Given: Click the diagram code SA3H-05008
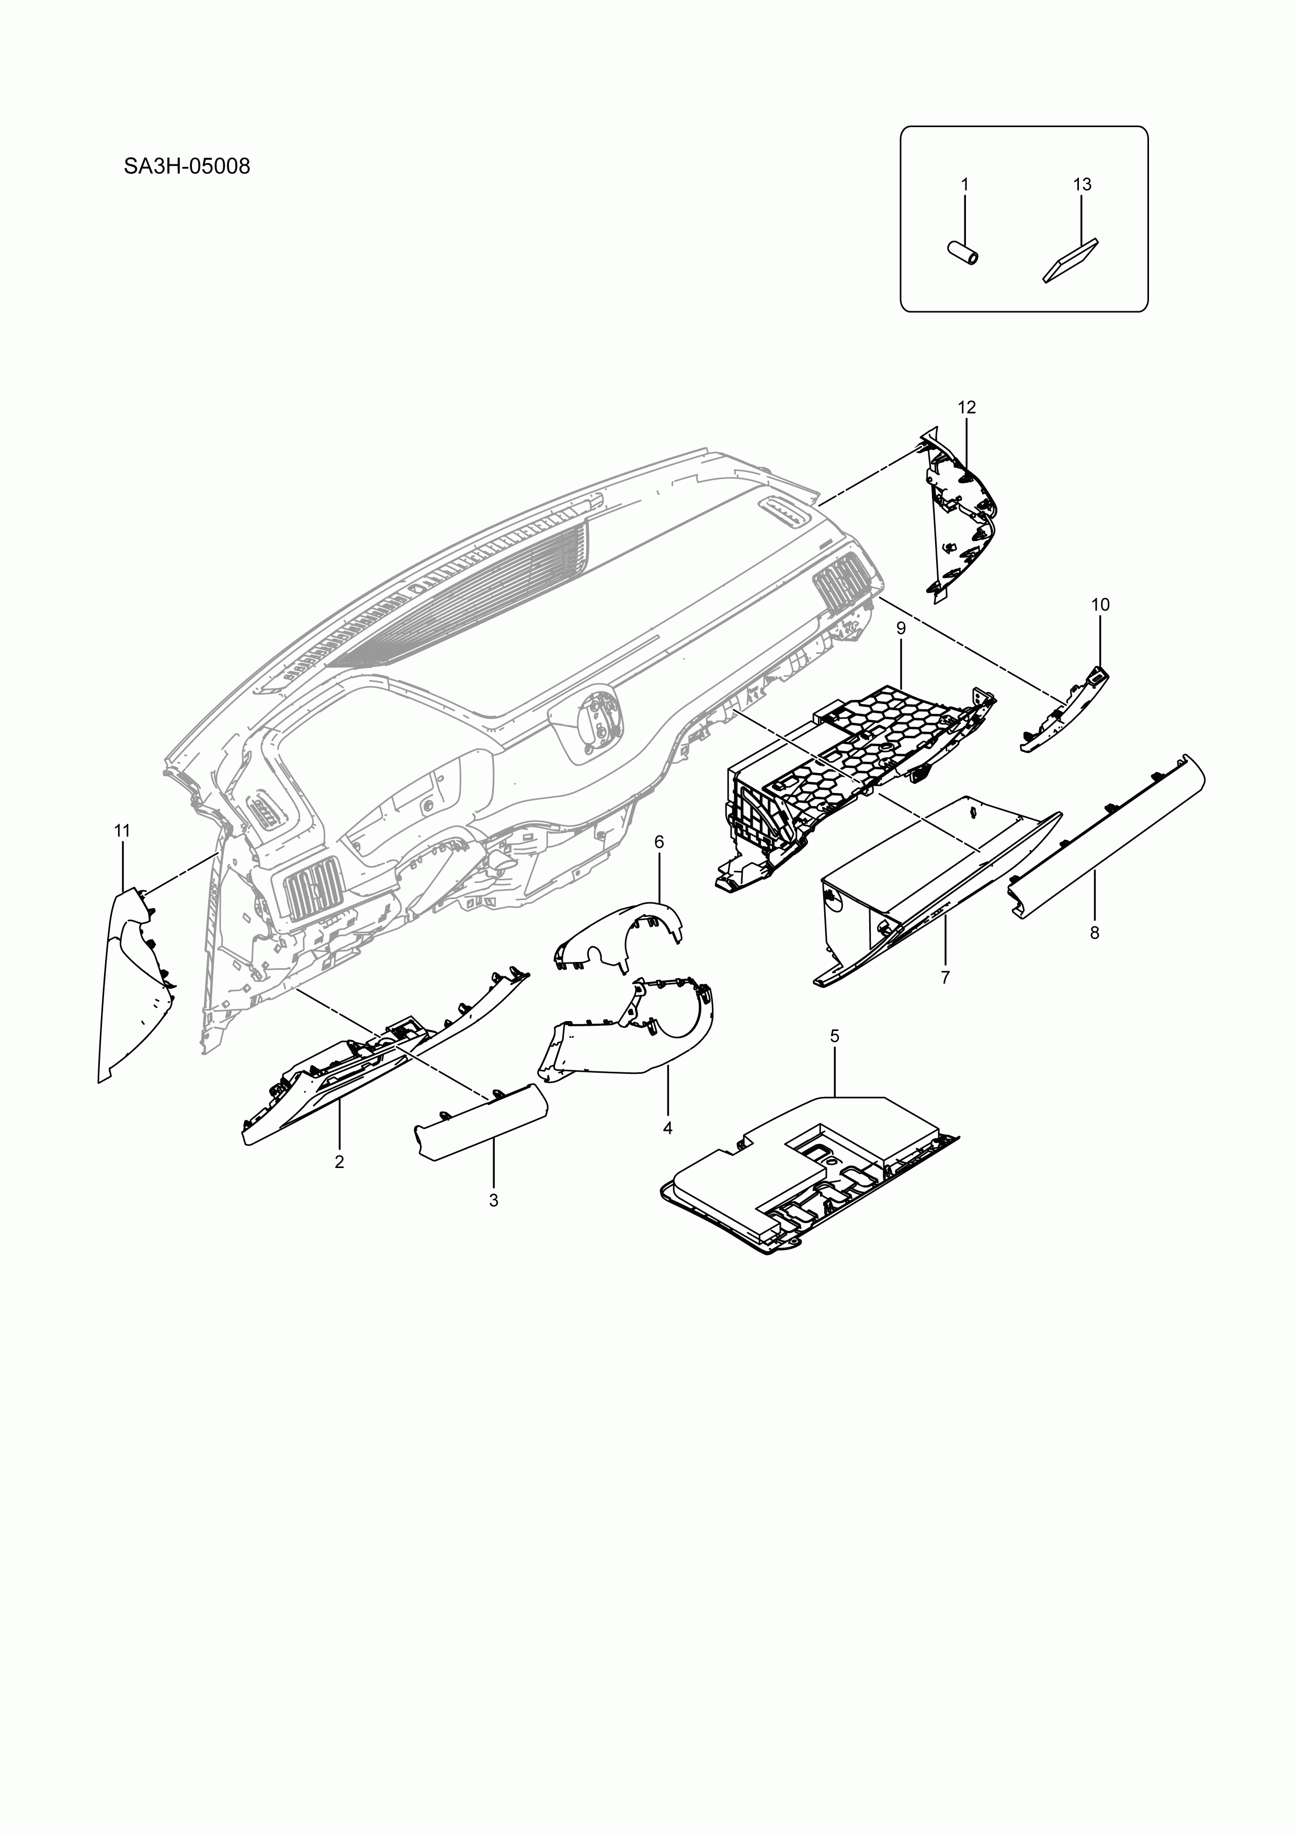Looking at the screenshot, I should tap(187, 166).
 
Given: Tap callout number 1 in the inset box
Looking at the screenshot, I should tap(964, 185).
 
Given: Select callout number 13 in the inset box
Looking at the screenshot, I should tap(1082, 185).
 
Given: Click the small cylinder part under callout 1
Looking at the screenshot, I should tap(963, 253).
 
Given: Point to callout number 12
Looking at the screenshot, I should tap(967, 407).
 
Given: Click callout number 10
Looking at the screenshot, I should tap(1100, 605).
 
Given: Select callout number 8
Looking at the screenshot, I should tap(1094, 933).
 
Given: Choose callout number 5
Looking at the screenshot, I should tap(834, 1036).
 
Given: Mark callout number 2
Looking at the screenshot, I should tap(339, 1162).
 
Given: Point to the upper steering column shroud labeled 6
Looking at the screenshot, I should tap(620, 932).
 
